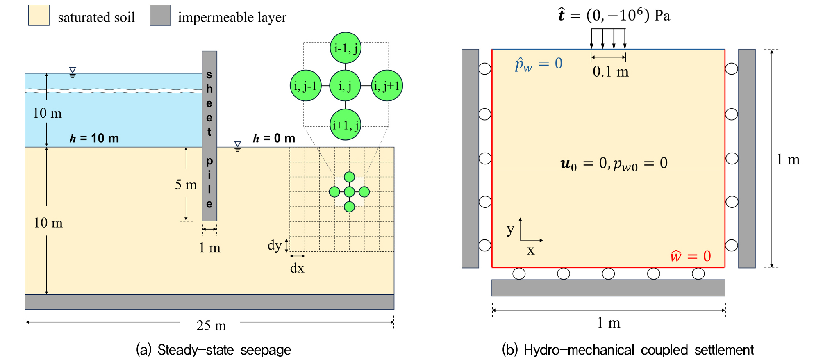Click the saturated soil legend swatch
[39, 15]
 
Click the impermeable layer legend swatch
[160, 15]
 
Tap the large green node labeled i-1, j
[346, 48]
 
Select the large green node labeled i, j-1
[306, 86]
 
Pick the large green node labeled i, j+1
[387, 86]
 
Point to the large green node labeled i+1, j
[346, 125]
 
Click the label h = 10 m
[94, 138]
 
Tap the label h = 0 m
[274, 138]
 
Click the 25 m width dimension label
[211, 326]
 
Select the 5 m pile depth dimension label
[186, 185]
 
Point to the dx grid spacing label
[297, 268]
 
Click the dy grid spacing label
[275, 245]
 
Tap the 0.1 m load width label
[611, 72]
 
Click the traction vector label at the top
[614, 15]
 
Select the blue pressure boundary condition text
[539, 64]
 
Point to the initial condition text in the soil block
[614, 164]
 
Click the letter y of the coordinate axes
[510, 230]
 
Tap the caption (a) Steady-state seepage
[214, 350]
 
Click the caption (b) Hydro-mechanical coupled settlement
[628, 350]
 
